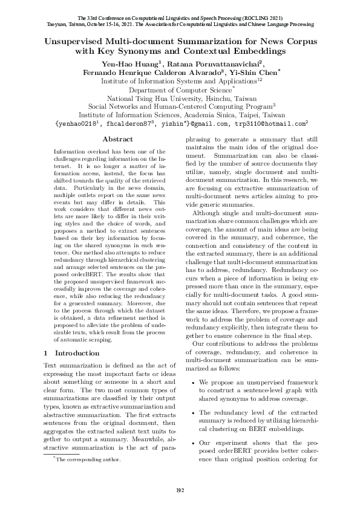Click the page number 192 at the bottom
click(180, 489)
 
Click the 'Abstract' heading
click(118, 139)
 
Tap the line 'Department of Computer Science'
click(180, 89)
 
